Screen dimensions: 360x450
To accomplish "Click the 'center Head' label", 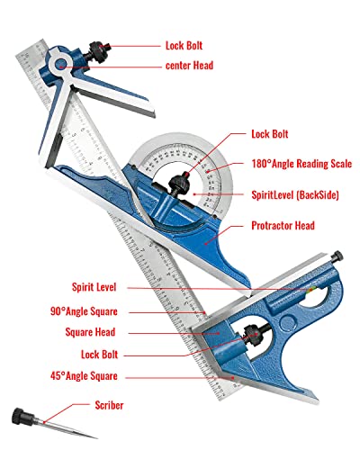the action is coord(189,66).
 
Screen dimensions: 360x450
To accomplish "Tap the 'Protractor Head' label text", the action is coord(283,226).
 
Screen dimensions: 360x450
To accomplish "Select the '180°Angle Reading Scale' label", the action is coord(301,164).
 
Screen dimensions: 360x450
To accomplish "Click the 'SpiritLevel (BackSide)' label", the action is coord(295,195).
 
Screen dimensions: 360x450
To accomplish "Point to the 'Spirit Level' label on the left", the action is coord(94,287).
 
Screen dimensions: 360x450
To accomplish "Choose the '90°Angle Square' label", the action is coord(84,311).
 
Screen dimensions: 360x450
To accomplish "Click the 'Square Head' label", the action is coord(90,332).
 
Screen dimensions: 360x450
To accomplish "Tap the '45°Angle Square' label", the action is coord(84,376).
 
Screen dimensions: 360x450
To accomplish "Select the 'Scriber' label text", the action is coord(109,405).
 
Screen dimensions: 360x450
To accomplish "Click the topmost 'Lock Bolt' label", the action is coord(184,46).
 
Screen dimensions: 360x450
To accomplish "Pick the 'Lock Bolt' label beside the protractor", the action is coord(270,134).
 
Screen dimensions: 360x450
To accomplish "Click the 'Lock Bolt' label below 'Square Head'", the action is coord(99,355).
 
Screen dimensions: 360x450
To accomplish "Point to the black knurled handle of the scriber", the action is coord(21,417).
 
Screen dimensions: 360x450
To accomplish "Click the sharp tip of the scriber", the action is coord(96,438).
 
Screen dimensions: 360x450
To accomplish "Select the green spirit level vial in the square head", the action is coord(311,290).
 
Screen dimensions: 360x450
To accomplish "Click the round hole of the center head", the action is coord(61,64).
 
